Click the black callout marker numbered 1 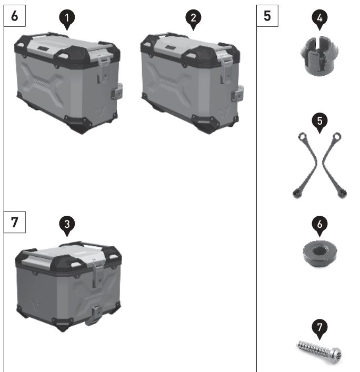point(67,19)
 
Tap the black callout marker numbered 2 point(193,19)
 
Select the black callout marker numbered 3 point(67,225)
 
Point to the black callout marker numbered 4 point(319,19)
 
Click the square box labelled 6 point(15,16)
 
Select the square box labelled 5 point(267,16)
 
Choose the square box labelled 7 point(15,222)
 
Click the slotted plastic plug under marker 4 point(319,56)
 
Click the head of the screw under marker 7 point(337,355)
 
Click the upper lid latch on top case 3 point(98,274)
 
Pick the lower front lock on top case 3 point(94,315)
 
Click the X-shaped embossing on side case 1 point(43,84)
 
